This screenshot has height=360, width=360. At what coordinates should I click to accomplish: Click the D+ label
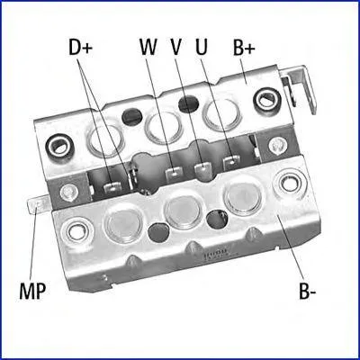[80, 48]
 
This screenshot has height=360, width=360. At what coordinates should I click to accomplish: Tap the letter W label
[148, 47]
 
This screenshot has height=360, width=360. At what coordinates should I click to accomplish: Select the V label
[176, 47]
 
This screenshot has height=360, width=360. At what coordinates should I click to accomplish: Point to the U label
[201, 47]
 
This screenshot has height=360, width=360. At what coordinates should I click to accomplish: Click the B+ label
[244, 48]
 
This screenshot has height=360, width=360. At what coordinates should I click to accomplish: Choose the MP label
[32, 290]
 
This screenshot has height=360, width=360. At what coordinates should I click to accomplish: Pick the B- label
[307, 290]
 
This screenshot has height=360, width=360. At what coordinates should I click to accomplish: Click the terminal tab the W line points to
[175, 173]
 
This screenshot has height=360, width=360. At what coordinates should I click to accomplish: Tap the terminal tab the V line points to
[203, 167]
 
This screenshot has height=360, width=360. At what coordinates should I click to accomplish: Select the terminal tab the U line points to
[231, 162]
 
